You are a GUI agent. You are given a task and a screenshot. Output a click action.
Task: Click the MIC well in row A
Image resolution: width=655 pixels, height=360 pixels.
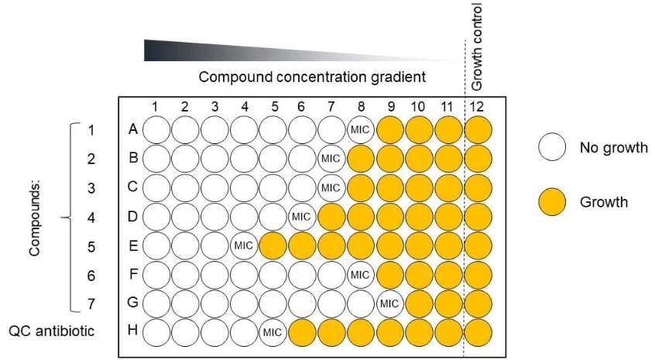[360, 130]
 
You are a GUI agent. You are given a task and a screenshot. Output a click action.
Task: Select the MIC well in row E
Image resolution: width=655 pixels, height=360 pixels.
[244, 245]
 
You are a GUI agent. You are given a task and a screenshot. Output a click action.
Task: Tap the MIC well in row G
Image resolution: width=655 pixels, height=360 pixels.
[389, 303]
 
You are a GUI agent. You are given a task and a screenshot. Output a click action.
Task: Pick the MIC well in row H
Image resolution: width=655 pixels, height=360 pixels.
[273, 333]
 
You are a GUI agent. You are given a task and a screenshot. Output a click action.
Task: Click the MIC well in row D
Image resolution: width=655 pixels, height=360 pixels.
[302, 217]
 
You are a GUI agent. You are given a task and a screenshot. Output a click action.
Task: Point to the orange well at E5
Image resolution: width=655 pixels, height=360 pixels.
[273, 245]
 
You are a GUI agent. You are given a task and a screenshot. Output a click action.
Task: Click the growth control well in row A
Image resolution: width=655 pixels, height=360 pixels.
[478, 130]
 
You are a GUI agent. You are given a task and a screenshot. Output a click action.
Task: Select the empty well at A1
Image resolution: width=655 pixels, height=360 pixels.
[156, 130]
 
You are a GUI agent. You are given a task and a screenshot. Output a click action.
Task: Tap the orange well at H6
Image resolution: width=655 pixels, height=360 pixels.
[302, 333]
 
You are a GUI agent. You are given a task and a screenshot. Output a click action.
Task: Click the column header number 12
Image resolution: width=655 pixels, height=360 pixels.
[476, 107]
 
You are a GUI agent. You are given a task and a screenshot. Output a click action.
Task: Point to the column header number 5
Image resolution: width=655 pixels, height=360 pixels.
[274, 107]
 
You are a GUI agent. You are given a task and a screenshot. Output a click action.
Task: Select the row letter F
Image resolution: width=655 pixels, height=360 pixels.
[133, 274]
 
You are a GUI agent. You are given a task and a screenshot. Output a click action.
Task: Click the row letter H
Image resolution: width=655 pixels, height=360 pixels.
[132, 330]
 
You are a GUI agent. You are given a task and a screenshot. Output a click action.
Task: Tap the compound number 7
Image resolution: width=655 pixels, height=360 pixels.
[91, 303]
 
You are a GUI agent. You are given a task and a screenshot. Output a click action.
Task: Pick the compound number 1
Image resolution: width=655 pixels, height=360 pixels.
[91, 130]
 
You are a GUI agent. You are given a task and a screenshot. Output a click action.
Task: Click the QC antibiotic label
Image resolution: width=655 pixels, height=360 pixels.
[52, 331]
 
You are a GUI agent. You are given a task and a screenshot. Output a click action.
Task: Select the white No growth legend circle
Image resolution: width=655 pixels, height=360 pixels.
[552, 147]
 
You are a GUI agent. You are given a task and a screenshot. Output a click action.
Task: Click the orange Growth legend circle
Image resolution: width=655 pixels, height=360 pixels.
[552, 202]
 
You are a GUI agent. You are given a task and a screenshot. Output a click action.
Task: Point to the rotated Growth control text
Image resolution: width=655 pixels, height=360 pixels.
[477, 46]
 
